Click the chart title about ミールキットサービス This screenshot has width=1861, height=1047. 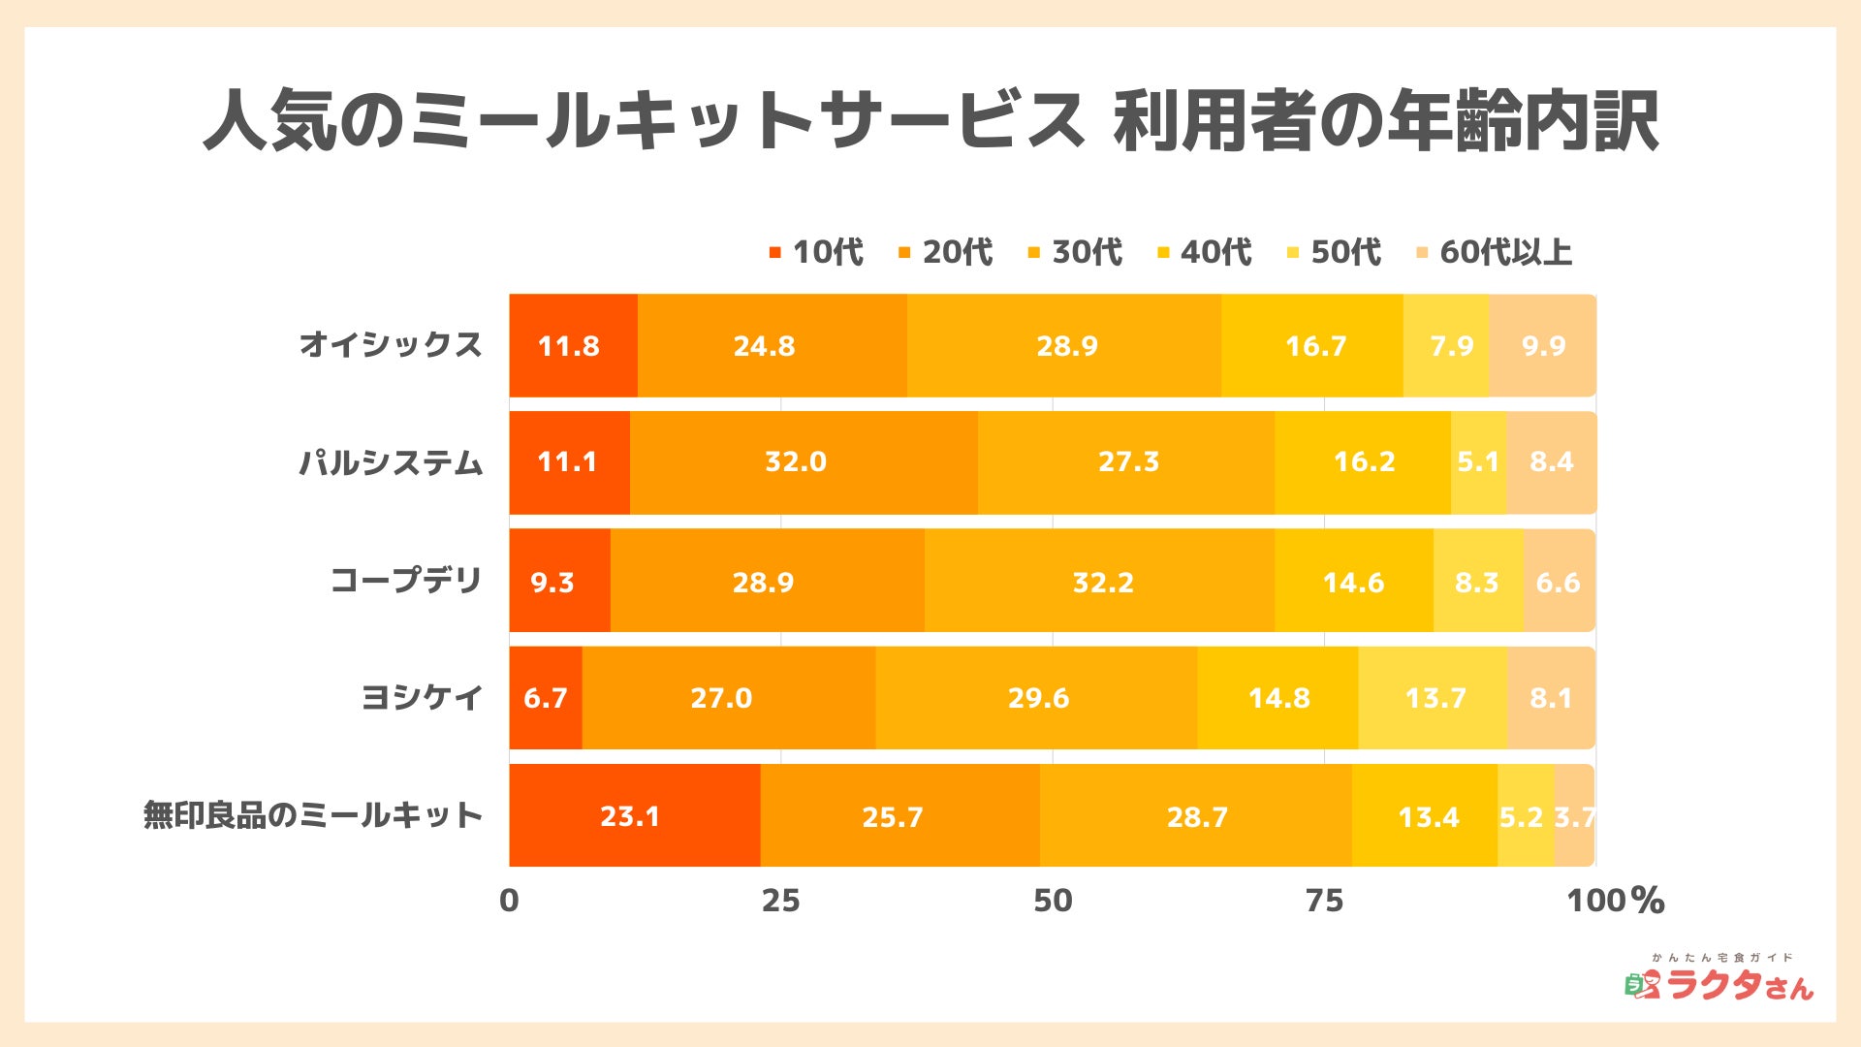(930, 121)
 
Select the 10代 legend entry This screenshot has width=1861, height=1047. (816, 252)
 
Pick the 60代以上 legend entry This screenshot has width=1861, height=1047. (1495, 252)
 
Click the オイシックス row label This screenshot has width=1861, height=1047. (390, 345)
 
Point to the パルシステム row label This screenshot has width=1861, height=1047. (390, 462)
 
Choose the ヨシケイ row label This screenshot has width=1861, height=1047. (421, 697)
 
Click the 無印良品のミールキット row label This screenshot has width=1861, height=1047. (312, 815)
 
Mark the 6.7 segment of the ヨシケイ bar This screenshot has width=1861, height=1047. (546, 697)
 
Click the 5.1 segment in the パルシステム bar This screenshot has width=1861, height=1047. (1478, 462)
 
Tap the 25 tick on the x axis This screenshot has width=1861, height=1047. (780, 901)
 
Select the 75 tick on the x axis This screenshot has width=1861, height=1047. (1324, 901)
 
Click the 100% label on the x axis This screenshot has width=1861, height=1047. (1615, 901)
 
